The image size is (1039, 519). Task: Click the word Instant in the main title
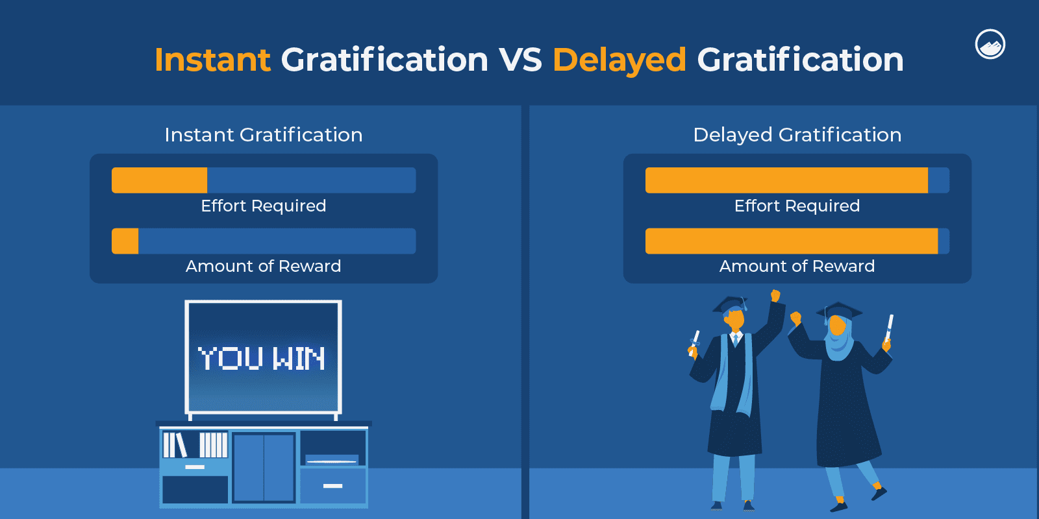click(x=212, y=60)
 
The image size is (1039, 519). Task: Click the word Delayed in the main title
click(x=620, y=61)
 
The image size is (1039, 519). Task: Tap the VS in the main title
click(x=520, y=60)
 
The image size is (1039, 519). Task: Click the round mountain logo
click(x=990, y=45)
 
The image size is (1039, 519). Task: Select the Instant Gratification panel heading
click(x=264, y=135)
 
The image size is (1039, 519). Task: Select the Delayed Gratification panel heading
click(x=797, y=135)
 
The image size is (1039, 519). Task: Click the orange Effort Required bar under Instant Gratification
click(x=160, y=180)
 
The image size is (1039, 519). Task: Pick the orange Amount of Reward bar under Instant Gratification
click(x=125, y=241)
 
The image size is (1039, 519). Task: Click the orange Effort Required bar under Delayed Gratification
click(x=786, y=180)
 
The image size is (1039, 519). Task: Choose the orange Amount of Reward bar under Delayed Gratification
click(x=792, y=241)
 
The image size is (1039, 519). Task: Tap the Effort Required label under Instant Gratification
click(x=264, y=206)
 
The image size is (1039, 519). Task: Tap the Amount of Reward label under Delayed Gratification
click(x=797, y=266)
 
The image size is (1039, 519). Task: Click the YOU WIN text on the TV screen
click(x=262, y=358)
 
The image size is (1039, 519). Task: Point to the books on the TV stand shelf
click(x=195, y=445)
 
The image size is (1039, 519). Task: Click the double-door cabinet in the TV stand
click(x=264, y=468)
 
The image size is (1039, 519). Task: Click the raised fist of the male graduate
click(x=775, y=295)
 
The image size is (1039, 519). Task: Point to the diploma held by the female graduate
click(x=889, y=328)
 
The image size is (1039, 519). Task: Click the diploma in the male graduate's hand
click(x=694, y=343)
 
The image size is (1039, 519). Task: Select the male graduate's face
click(x=734, y=319)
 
